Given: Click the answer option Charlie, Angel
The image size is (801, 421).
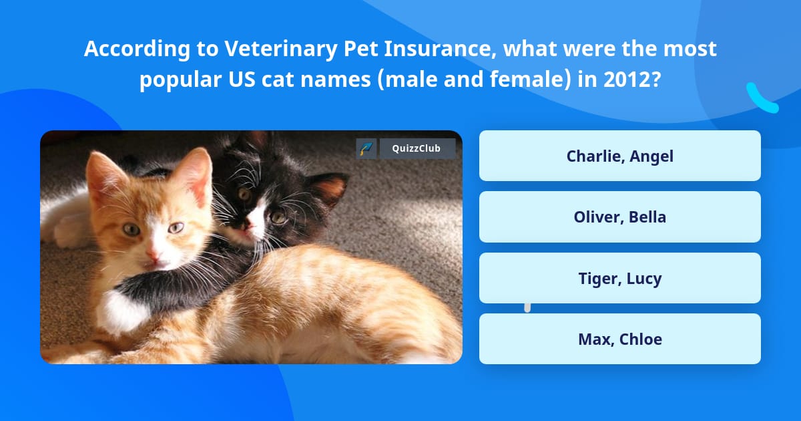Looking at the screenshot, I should point(619,156).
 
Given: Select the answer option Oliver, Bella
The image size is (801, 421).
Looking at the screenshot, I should point(619,217).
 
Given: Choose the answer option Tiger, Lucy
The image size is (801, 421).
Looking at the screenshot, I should point(619,278).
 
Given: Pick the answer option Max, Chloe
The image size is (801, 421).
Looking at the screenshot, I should point(619,339).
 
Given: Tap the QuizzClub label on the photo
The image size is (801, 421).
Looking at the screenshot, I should point(417,148).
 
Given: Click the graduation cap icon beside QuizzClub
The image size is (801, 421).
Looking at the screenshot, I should point(366,148).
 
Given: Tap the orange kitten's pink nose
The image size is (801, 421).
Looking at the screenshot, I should point(153,255).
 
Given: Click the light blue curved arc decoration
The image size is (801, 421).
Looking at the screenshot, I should point(760,99).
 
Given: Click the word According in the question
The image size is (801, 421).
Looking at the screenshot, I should point(123,49).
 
